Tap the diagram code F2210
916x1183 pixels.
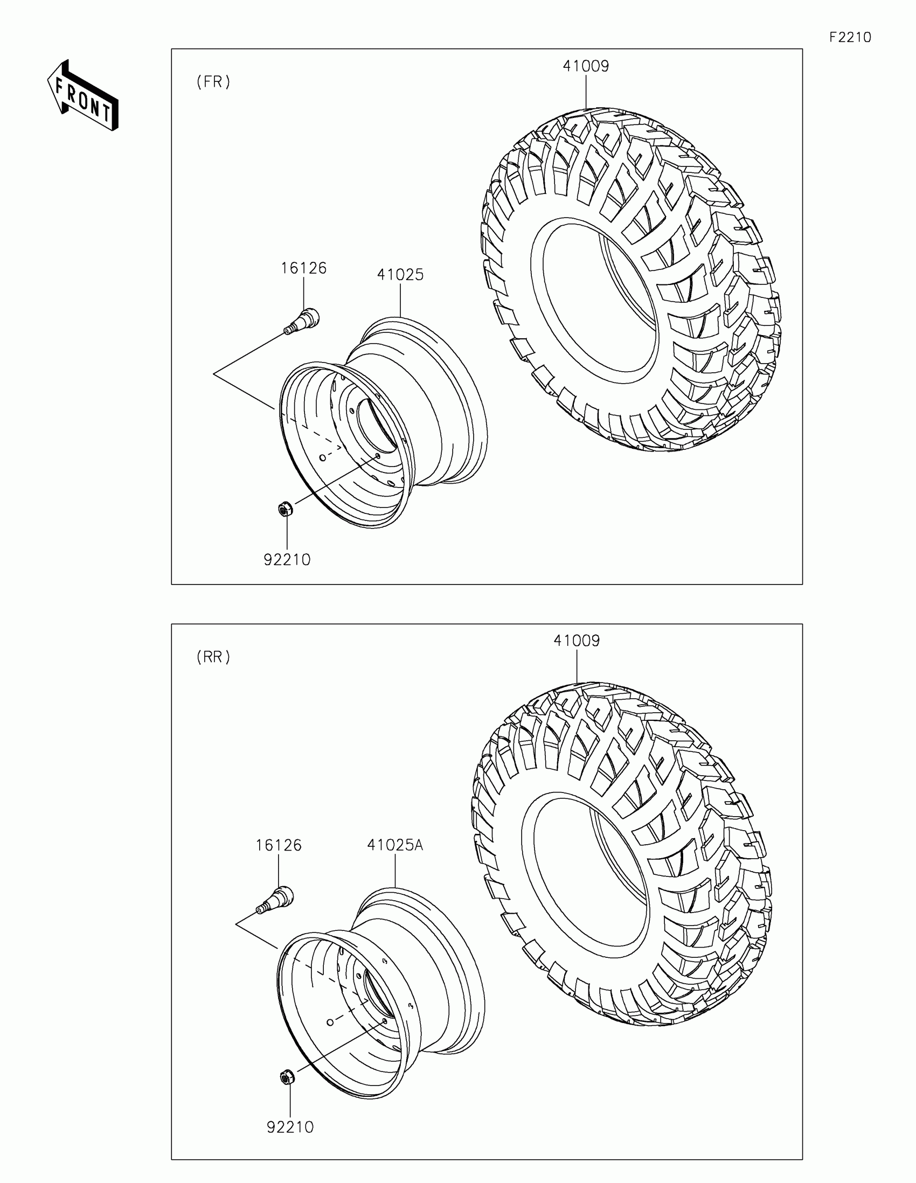(x=850, y=37)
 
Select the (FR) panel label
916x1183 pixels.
(x=213, y=82)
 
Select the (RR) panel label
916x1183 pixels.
(x=213, y=657)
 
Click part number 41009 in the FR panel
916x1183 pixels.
(x=586, y=66)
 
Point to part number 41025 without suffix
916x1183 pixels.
(x=400, y=275)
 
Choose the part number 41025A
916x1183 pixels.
(x=395, y=845)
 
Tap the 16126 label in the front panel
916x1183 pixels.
(x=303, y=268)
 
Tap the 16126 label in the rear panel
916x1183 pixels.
(x=279, y=845)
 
